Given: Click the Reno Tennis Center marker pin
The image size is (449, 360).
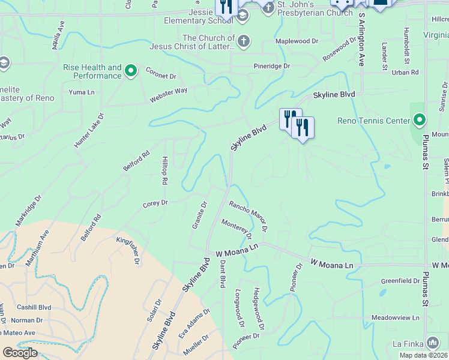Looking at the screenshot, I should (420, 121).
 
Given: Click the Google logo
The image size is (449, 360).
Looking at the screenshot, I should (20, 352).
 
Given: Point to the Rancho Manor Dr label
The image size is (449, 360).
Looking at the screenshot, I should (247, 217).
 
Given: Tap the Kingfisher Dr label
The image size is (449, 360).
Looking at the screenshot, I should (128, 250).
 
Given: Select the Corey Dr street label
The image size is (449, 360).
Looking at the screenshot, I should (155, 203).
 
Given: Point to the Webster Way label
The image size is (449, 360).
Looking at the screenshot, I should (169, 91).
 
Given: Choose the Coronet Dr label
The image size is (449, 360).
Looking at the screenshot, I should (160, 76).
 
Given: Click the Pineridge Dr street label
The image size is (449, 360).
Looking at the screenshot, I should (271, 66).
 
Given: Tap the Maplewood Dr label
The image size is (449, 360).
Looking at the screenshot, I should (296, 41).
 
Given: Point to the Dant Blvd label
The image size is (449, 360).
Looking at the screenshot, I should (221, 272).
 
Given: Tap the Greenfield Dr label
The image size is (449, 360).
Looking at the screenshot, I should (400, 281).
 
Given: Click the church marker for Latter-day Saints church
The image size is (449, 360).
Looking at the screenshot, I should (243, 42).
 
